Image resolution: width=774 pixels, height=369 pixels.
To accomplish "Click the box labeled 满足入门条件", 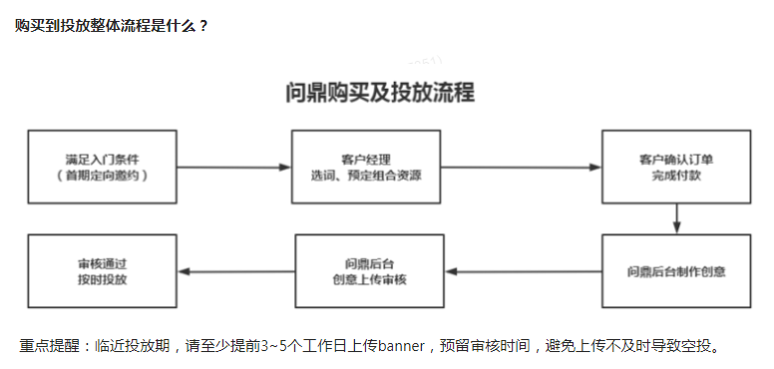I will click(103, 167).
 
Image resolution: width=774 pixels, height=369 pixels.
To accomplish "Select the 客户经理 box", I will click(365, 167).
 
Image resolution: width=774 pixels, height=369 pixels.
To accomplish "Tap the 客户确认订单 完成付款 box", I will click(675, 167).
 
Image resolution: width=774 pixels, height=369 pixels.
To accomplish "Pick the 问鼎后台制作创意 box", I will click(675, 271).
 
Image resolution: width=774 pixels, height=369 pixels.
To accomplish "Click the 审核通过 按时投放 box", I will click(103, 271).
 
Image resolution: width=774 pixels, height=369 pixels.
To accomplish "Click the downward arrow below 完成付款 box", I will click(676, 218).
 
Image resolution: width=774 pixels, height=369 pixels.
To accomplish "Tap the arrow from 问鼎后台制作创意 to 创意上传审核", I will click(523, 271).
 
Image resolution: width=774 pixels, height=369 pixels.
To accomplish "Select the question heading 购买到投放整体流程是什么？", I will click(112, 26).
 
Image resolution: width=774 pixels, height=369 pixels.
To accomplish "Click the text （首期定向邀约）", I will click(103, 176).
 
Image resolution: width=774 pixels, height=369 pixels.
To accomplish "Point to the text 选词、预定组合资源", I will click(365, 176).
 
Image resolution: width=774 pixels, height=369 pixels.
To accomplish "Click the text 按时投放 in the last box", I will click(103, 280).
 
